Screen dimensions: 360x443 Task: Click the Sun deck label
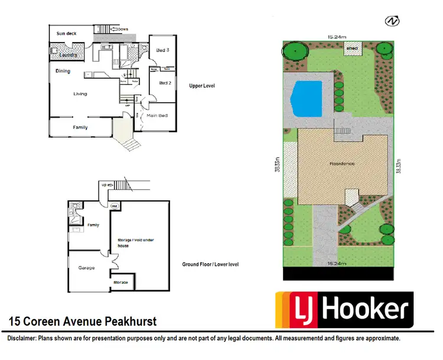click(x=66, y=34)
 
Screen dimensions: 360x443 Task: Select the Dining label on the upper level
click(x=63, y=71)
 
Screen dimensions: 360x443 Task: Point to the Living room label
click(x=80, y=94)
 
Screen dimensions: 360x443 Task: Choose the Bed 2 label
click(x=165, y=83)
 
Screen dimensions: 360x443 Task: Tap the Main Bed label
click(x=158, y=115)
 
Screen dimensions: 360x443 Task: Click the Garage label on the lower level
click(x=86, y=268)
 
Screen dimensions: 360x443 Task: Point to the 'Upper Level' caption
click(x=202, y=86)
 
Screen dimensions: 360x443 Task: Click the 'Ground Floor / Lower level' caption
click(x=210, y=264)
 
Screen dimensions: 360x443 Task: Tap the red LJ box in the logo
click(x=305, y=310)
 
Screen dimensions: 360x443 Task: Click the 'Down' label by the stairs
click(x=122, y=28)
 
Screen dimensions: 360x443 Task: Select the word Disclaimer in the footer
click(x=22, y=339)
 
